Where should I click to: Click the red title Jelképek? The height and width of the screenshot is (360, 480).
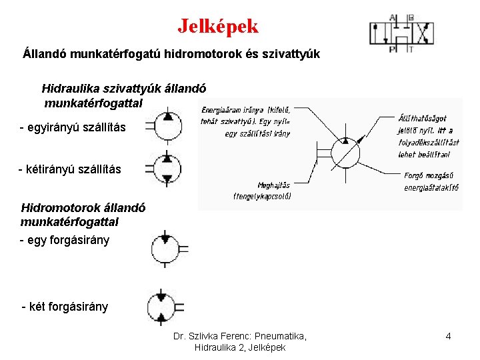pyautogui.click(x=217, y=26)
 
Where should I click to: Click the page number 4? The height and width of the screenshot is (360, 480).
pyautogui.click(x=448, y=337)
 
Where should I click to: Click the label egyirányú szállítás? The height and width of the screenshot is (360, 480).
pyautogui.click(x=72, y=127)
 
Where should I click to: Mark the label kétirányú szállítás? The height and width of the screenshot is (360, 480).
pyautogui.click(x=70, y=169)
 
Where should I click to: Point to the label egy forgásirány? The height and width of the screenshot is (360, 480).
pyautogui.click(x=65, y=240)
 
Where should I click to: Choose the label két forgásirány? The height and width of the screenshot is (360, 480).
pyautogui.click(x=65, y=307)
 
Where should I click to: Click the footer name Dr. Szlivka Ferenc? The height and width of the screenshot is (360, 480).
pyautogui.click(x=211, y=337)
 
